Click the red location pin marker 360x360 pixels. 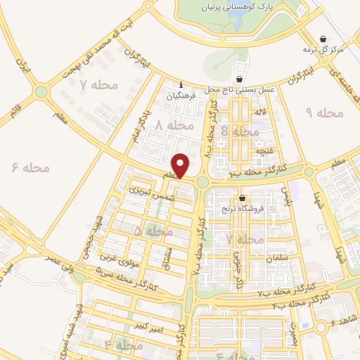pos(181,166)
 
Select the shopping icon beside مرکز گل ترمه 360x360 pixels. pos(323,39)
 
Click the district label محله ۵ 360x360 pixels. pos(153,231)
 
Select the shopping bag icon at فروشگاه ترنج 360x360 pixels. pos(243,199)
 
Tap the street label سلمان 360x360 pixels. pos(278,258)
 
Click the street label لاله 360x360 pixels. pos(260,112)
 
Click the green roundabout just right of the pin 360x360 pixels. pos(202,181)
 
